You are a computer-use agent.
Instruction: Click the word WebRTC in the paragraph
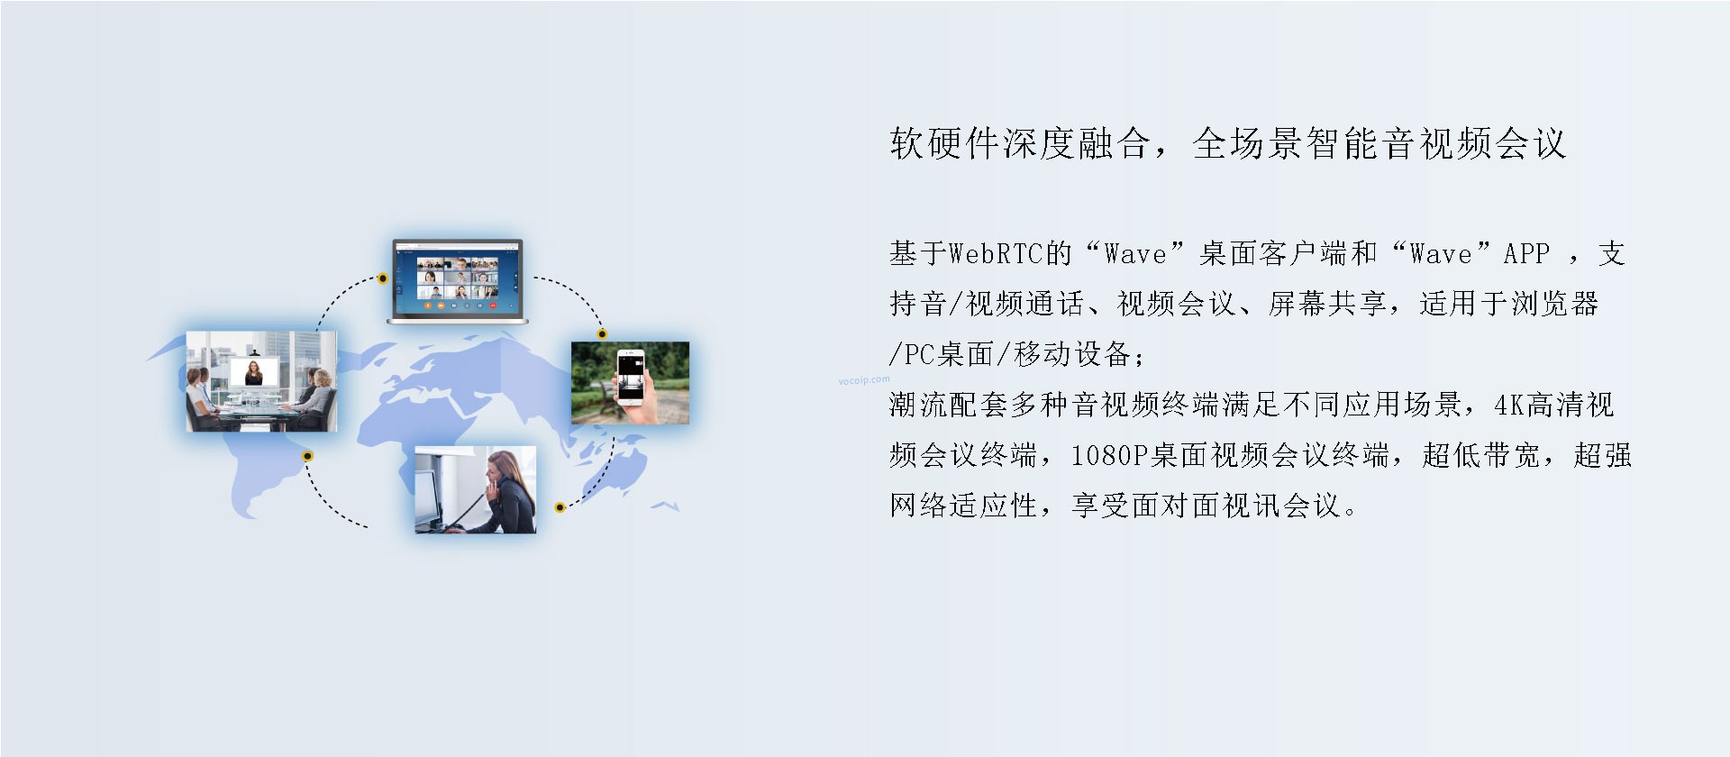pyautogui.click(x=996, y=254)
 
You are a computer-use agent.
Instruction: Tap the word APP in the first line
pyautogui.click(x=1526, y=254)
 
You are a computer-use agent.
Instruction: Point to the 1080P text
pyautogui.click(x=1107, y=456)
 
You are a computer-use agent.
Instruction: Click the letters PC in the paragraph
pyautogui.click(x=919, y=355)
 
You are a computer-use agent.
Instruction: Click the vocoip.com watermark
pyautogui.click(x=863, y=380)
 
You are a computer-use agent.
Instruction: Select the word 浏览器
pyautogui.click(x=1554, y=305)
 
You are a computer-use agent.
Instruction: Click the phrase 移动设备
pyautogui.click(x=1072, y=355)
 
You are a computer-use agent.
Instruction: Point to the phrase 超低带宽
pyautogui.click(x=1481, y=456)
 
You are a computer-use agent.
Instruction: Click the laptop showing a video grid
pyautogui.click(x=457, y=281)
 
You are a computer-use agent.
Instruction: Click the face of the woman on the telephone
pyautogui.click(x=496, y=470)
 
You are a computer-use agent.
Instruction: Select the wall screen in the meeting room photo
pyautogui.click(x=254, y=371)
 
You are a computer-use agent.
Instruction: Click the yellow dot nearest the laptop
pyautogui.click(x=383, y=278)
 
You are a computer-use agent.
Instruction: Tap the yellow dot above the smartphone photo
pyautogui.click(x=602, y=334)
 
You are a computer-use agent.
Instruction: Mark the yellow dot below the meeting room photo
pyautogui.click(x=307, y=456)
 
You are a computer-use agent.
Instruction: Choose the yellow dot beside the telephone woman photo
pyautogui.click(x=560, y=507)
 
